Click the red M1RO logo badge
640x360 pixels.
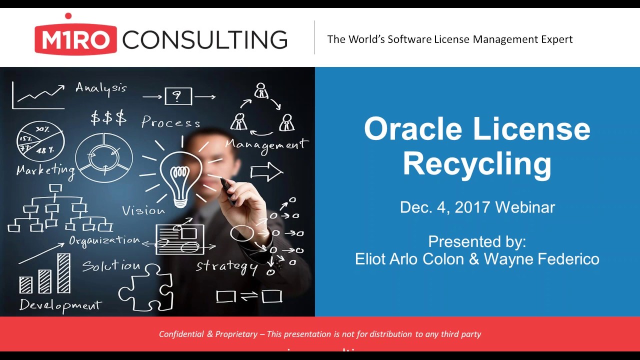click(x=75, y=39)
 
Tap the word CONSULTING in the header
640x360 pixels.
click(x=205, y=39)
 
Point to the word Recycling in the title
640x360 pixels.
click(x=477, y=163)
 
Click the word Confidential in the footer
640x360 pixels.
click(x=181, y=334)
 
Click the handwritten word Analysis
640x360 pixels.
click(x=101, y=88)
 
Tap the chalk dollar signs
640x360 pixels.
click(x=108, y=118)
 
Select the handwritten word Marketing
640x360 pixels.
click(x=45, y=170)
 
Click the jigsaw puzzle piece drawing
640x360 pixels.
click(x=146, y=288)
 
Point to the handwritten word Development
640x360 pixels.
click(x=60, y=304)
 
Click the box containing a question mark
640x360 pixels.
click(x=178, y=96)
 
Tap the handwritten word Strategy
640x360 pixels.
click(x=226, y=266)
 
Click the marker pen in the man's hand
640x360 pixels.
click(x=227, y=191)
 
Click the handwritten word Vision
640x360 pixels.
click(x=143, y=210)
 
